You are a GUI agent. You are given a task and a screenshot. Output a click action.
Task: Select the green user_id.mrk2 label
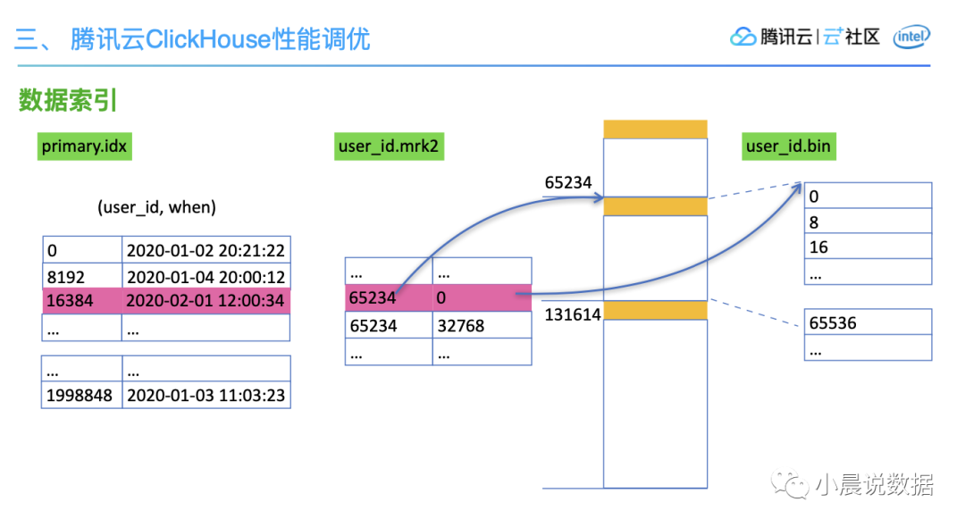tap(388, 146)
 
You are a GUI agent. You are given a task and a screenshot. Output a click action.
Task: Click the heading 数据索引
tap(68, 101)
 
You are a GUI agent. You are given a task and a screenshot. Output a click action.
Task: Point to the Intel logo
tap(911, 37)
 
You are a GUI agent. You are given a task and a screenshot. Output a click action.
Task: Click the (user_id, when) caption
tap(156, 207)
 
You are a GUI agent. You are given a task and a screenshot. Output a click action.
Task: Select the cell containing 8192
tap(81, 276)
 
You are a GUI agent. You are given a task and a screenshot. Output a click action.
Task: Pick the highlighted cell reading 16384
tap(81, 301)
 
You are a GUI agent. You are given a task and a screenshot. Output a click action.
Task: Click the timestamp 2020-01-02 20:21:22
tap(206, 251)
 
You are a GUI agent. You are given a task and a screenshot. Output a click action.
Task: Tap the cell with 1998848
tap(80, 395)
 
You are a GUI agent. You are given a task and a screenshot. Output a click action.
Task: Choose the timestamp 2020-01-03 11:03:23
tap(206, 395)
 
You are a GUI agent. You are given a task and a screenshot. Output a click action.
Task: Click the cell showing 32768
tap(481, 326)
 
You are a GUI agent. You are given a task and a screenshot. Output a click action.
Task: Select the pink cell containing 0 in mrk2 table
tap(481, 297)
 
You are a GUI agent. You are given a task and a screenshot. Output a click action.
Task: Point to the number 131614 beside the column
tap(573, 314)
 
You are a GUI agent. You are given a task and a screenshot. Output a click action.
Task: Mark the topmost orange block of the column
tap(655, 130)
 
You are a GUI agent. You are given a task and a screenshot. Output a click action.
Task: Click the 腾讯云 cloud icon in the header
tap(743, 37)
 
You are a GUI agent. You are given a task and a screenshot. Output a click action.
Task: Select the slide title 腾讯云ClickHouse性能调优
tap(220, 39)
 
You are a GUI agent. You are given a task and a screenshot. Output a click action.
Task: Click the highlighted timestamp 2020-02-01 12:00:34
tap(206, 301)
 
